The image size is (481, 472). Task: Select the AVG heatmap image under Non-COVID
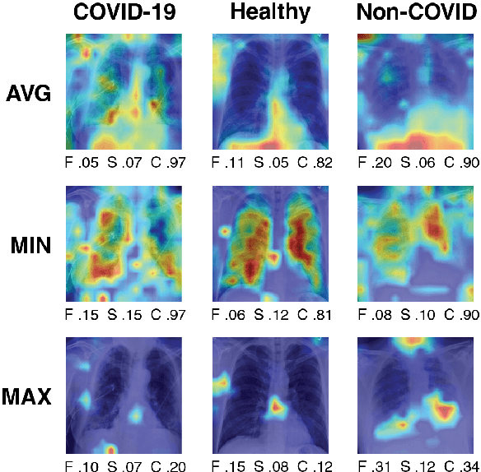pyautogui.click(x=418, y=92)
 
